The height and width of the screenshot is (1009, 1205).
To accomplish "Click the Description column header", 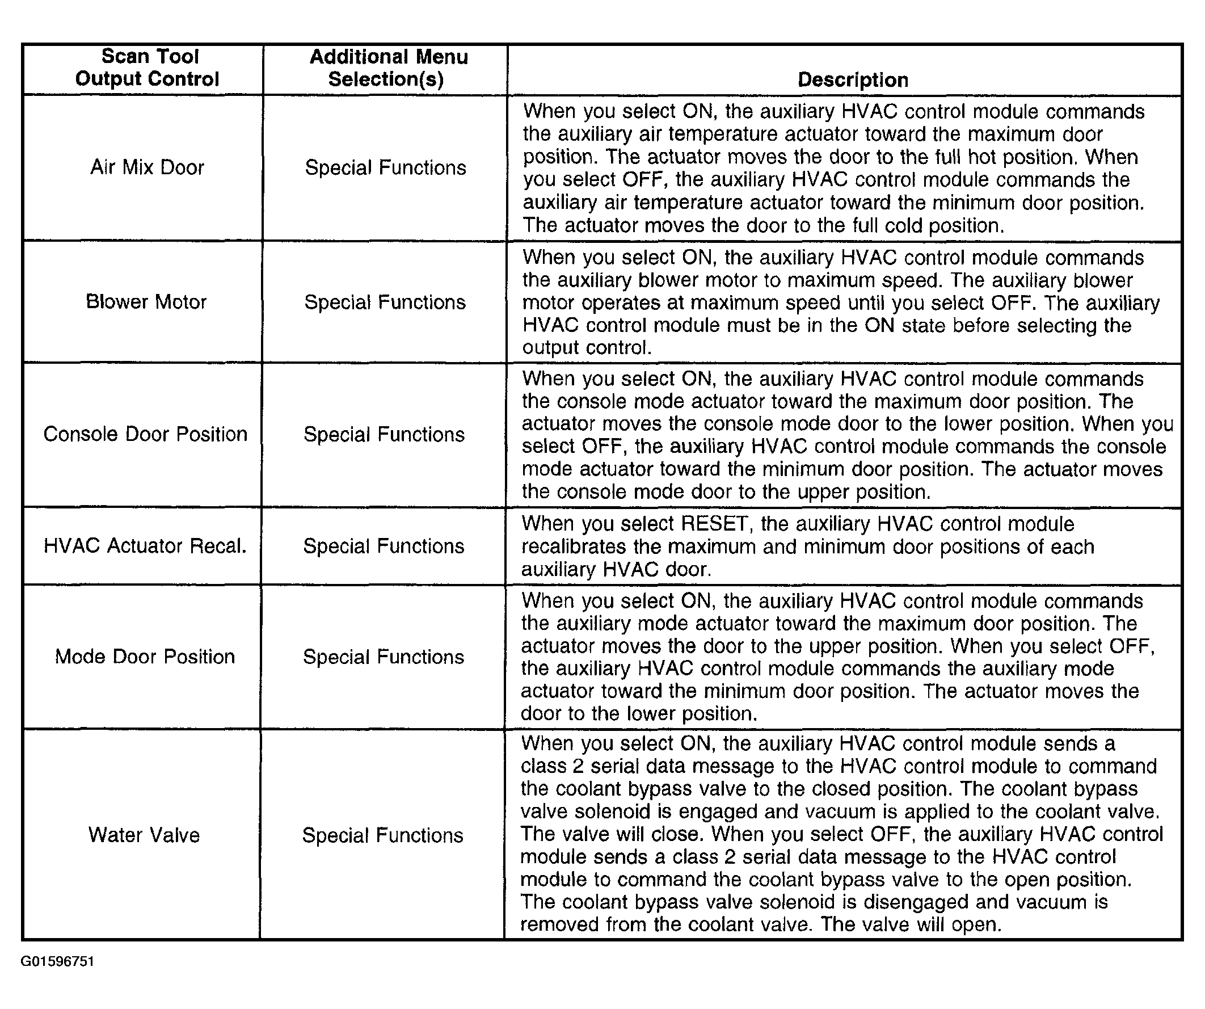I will [853, 80].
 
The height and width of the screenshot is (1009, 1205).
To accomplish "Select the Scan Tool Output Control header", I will [148, 68].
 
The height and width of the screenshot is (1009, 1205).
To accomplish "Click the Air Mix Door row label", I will [147, 167].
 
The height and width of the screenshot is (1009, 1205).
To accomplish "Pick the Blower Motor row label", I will [146, 302].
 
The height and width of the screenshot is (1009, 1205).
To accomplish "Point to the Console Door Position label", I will [145, 434].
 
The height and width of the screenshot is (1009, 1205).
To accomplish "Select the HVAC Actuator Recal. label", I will [145, 545].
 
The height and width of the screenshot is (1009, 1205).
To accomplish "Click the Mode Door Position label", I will [145, 656].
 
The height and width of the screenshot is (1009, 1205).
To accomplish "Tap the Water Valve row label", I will [144, 835].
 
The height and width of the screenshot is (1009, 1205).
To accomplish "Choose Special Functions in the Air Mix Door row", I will [386, 167].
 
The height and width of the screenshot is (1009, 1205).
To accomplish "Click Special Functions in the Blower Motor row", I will [385, 302].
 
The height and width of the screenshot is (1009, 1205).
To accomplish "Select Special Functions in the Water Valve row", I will [383, 835].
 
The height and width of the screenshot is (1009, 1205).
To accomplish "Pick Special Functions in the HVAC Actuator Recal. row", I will [384, 546].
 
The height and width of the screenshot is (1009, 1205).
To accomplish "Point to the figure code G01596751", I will [57, 961].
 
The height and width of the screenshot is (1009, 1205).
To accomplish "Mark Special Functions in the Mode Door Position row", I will [384, 657].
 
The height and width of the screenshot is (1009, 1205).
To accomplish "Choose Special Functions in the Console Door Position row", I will [384, 435].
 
